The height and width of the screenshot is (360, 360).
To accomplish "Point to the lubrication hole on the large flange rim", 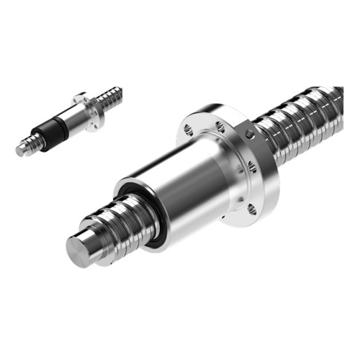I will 249,135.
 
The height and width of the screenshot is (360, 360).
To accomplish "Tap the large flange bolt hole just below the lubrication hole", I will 253,166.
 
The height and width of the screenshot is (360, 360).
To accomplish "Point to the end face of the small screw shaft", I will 20,151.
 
